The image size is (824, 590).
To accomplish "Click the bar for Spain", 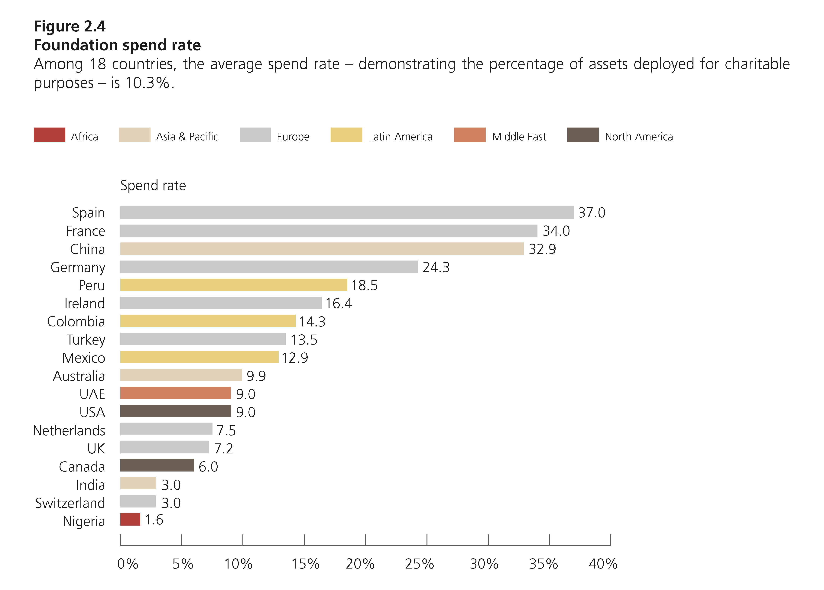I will pyautogui.click(x=347, y=212).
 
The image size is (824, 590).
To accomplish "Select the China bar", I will pyautogui.click(x=322, y=249).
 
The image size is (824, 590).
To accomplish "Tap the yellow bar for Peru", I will pyautogui.click(x=234, y=285).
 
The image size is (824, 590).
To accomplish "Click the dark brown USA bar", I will pyautogui.click(x=176, y=411).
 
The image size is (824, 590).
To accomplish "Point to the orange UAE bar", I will pyautogui.click(x=176, y=393).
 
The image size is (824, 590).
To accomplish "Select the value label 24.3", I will pyautogui.click(x=436, y=267).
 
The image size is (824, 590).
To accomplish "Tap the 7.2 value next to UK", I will pyautogui.click(x=223, y=449).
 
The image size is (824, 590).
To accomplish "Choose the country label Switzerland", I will pyautogui.click(x=70, y=503).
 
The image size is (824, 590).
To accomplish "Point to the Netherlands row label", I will pyautogui.click(x=69, y=430).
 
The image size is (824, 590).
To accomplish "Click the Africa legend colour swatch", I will pyautogui.click(x=49, y=135).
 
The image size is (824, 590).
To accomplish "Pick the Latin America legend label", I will pyautogui.click(x=400, y=137).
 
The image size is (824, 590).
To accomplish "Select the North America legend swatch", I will pyautogui.click(x=583, y=135).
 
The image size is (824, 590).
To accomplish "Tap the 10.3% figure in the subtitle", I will pyautogui.click(x=147, y=83).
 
